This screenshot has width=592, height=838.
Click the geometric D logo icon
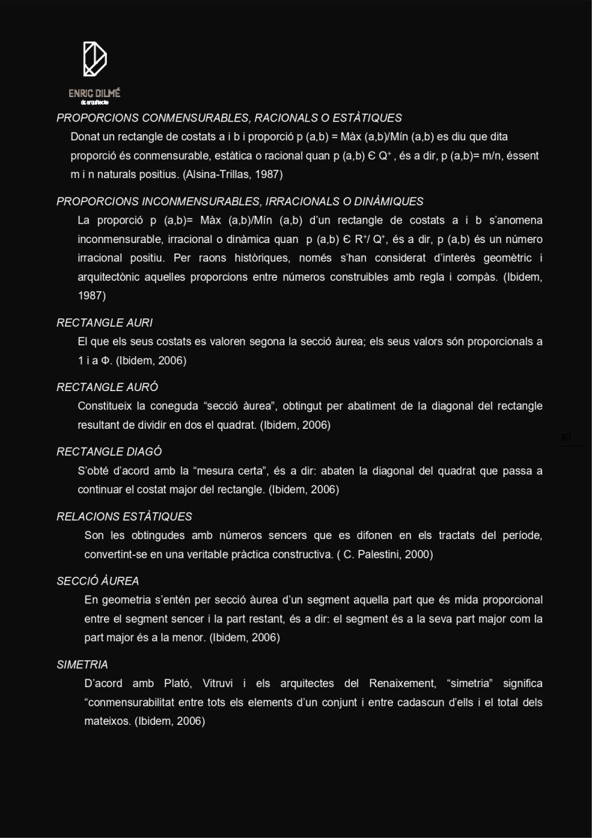tap(94, 59)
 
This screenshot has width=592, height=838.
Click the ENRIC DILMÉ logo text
tap(94, 94)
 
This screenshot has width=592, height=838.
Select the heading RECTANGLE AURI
tap(105, 323)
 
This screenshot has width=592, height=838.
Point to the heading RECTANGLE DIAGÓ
tap(109, 452)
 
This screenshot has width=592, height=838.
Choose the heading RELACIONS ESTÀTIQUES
tap(124, 517)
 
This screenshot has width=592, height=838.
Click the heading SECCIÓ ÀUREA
tap(98, 581)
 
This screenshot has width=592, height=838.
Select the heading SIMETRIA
tap(82, 665)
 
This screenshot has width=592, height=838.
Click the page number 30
tap(565, 438)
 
